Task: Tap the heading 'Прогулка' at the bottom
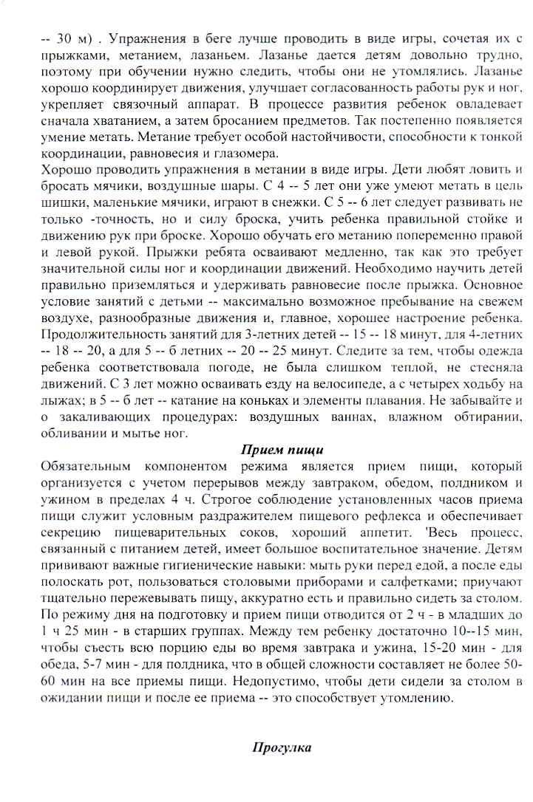pos(282,747)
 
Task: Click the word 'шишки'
pos(41,199)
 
